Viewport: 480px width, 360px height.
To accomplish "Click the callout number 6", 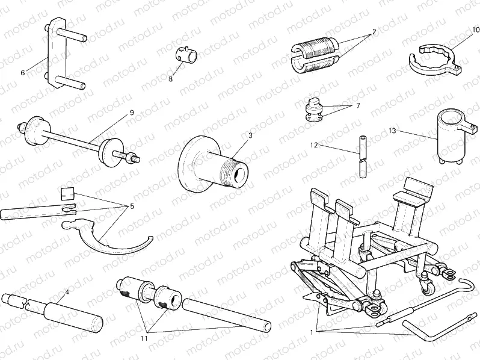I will click(22, 73).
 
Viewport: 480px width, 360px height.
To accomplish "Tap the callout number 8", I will click(170, 78).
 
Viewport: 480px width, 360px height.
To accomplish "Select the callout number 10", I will click(475, 29).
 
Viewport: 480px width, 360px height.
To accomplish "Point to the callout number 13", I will click(392, 130).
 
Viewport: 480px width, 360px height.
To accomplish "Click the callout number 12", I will click(313, 145).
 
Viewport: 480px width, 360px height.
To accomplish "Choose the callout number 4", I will click(67, 292).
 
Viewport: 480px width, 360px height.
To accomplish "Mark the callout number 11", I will click(144, 339).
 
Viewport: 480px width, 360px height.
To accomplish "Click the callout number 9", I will click(132, 113).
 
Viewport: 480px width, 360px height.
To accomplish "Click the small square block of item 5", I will click(68, 194).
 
